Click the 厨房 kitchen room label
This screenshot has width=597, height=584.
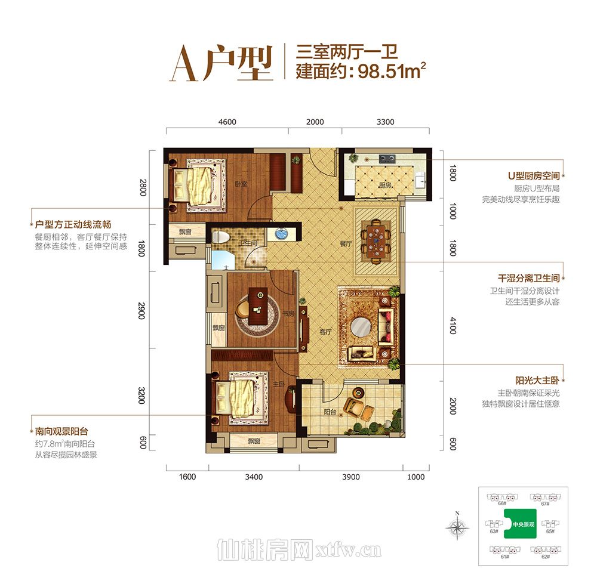click(x=385, y=186)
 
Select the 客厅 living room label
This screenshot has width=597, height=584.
click(x=325, y=332)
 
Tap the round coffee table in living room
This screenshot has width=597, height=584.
click(x=363, y=327)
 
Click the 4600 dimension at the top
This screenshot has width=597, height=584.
click(x=227, y=122)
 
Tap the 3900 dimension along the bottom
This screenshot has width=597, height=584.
click(x=350, y=477)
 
